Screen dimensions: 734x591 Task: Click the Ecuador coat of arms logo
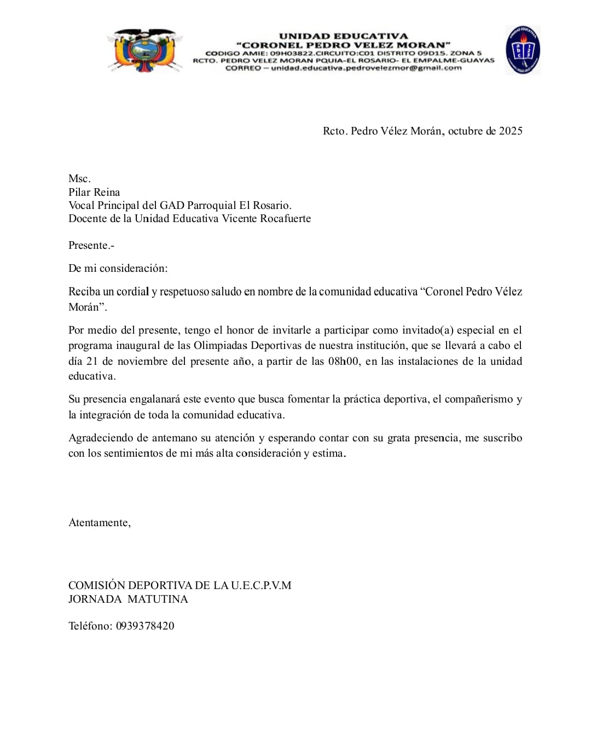(x=144, y=50)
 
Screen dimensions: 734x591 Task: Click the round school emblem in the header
(x=522, y=50)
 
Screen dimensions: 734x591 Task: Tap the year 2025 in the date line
(x=511, y=131)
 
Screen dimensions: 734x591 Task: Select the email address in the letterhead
(x=366, y=68)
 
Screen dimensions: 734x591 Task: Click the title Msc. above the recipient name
(x=79, y=179)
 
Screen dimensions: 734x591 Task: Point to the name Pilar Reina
(x=94, y=192)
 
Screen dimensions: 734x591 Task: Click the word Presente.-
(x=91, y=246)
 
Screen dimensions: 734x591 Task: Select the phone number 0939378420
(x=145, y=626)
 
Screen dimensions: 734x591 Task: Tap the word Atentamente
(x=99, y=522)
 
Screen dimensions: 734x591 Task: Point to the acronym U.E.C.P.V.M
(x=261, y=585)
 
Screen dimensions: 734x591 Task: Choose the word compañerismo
(x=479, y=399)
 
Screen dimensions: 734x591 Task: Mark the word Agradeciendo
(x=101, y=438)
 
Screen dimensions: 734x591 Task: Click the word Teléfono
(x=90, y=626)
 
